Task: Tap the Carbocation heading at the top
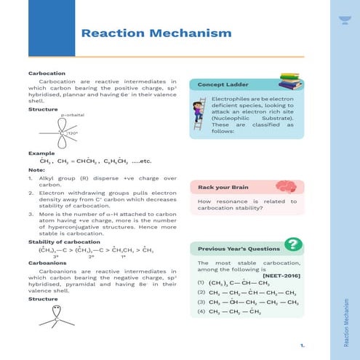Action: click(x=47, y=73)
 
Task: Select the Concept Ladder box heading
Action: click(x=220, y=85)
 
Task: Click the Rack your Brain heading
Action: click(x=223, y=188)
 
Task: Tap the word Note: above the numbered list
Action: click(x=36, y=169)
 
